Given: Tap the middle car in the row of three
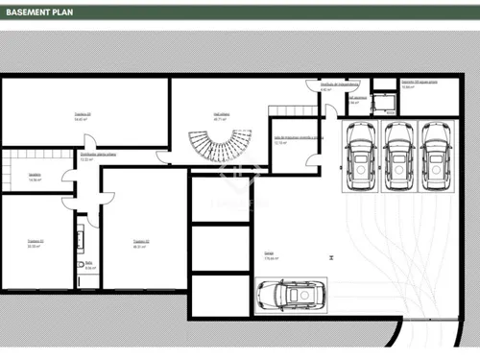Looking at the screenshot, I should coord(397,155).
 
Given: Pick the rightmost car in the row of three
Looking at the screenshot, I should coord(437,155).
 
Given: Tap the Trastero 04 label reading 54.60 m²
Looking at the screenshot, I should coord(83,117).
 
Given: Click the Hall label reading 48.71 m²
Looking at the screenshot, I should coord(222,114).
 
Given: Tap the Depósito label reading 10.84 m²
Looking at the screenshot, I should coord(420,84).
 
